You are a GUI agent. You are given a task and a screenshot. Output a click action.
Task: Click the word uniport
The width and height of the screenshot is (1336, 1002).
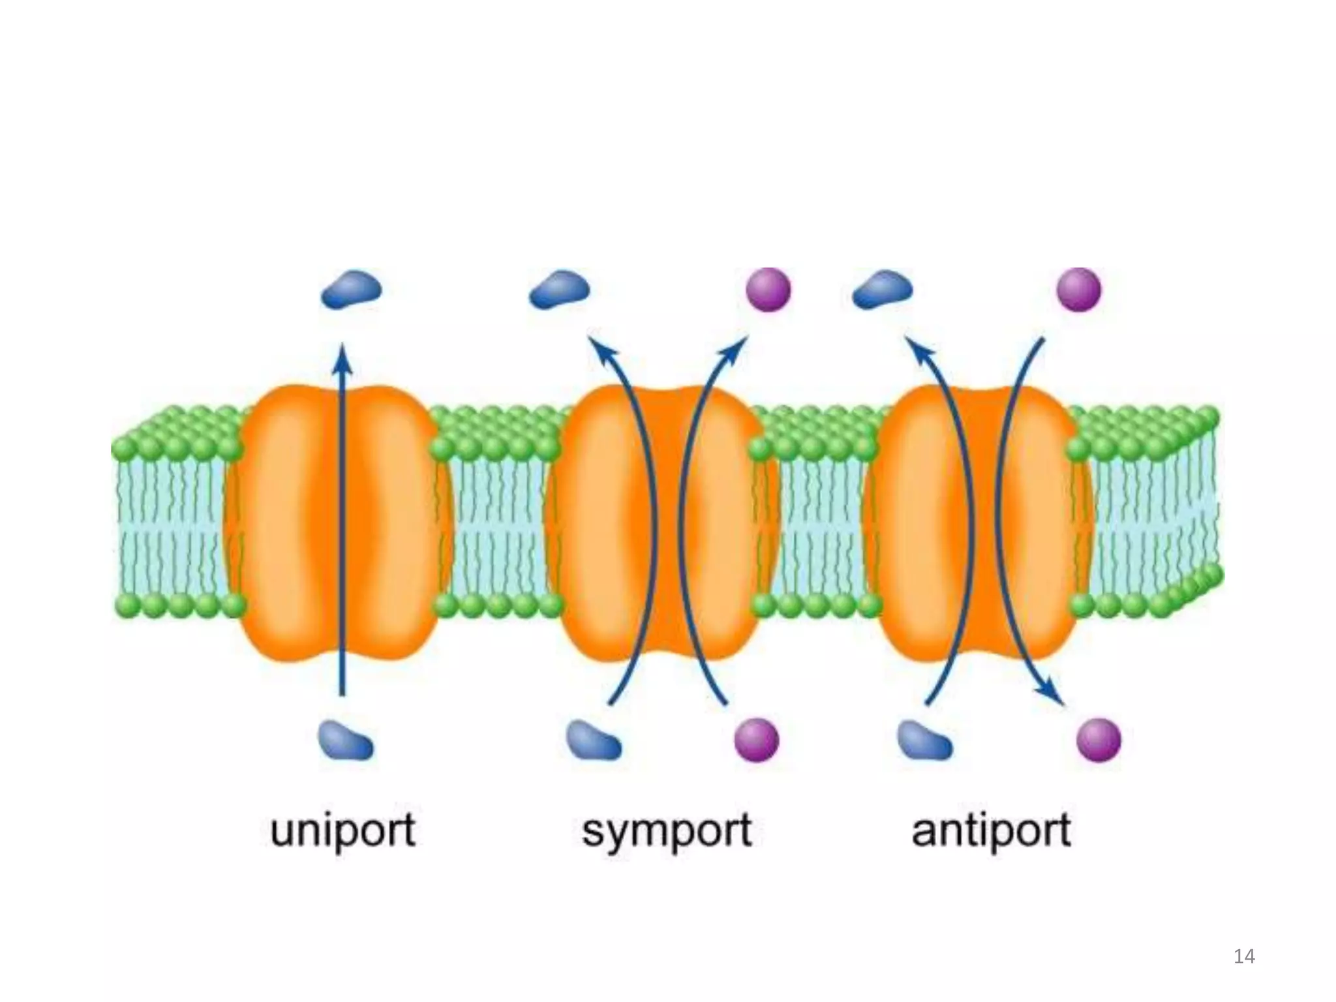pyautogui.click(x=342, y=830)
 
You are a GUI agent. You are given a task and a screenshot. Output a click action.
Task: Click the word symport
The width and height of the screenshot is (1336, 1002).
pyautogui.click(x=667, y=831)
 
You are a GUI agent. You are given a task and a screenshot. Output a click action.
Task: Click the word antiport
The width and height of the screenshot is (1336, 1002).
pyautogui.click(x=991, y=830)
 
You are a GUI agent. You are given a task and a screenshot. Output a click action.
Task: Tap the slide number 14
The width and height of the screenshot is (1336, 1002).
pyautogui.click(x=1244, y=956)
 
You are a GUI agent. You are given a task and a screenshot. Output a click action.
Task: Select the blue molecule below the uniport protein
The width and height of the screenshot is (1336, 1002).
pyautogui.click(x=345, y=741)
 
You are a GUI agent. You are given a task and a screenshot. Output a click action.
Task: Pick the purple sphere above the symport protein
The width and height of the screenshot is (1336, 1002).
pyautogui.click(x=768, y=289)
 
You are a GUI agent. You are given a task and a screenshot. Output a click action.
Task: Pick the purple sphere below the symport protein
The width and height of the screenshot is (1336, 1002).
pyautogui.click(x=757, y=740)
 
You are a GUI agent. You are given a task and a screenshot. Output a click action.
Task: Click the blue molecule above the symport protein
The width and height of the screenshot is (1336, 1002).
pyautogui.click(x=559, y=290)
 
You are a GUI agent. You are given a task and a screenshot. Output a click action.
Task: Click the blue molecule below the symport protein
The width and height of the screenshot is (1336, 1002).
pyautogui.click(x=593, y=740)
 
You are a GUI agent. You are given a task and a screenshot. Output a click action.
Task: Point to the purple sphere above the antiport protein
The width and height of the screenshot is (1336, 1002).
pyautogui.click(x=1079, y=289)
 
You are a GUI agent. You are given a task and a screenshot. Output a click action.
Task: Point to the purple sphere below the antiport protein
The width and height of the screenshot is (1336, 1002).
pyautogui.click(x=1099, y=740)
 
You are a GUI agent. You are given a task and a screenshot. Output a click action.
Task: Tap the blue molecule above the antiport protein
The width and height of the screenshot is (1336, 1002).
pyautogui.click(x=882, y=290)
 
